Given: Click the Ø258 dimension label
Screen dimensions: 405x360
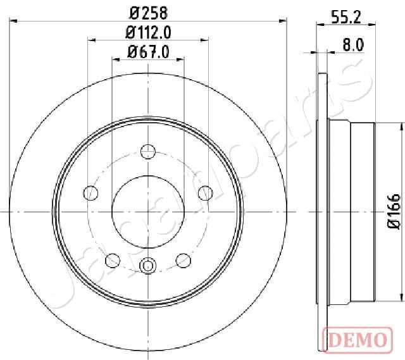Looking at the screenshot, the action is [149, 13].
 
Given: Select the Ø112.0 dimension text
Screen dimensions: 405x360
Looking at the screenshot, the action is [148, 33].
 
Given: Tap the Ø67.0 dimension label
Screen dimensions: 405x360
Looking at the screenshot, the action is [148, 52].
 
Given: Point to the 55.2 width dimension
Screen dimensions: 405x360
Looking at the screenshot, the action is [346, 17].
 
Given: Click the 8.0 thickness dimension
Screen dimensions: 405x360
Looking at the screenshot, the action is [353, 45].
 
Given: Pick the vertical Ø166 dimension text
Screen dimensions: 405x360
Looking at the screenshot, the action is [394, 211].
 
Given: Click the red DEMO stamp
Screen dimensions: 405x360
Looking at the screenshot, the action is [358, 340].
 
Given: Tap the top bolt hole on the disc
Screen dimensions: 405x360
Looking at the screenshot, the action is [148, 151].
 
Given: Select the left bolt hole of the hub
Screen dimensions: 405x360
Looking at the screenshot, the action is [91, 193].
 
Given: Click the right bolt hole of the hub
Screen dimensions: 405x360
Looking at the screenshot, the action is [205, 193].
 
